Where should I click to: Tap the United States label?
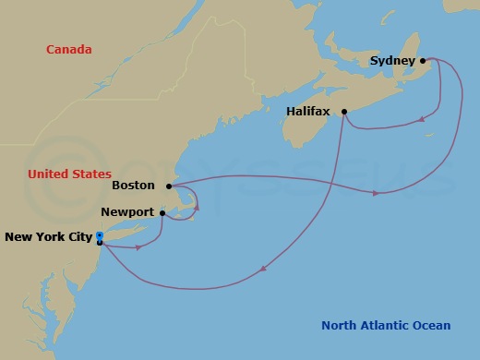[x=69, y=174]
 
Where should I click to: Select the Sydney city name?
[x=391, y=61]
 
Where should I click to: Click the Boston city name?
[x=133, y=186]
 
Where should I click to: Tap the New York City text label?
[x=48, y=237]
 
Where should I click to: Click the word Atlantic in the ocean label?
[x=387, y=325]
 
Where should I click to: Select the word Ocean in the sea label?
[x=432, y=325]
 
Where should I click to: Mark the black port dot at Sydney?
[x=423, y=61]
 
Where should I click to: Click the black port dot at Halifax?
[x=344, y=113]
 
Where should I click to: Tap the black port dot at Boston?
[x=169, y=186]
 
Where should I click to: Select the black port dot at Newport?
[x=163, y=213]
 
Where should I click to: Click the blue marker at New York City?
[x=99, y=236]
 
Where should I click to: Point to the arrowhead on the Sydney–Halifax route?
[x=422, y=118]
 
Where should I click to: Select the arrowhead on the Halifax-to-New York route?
[x=264, y=270]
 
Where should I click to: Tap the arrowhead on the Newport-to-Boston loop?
[x=196, y=209]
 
